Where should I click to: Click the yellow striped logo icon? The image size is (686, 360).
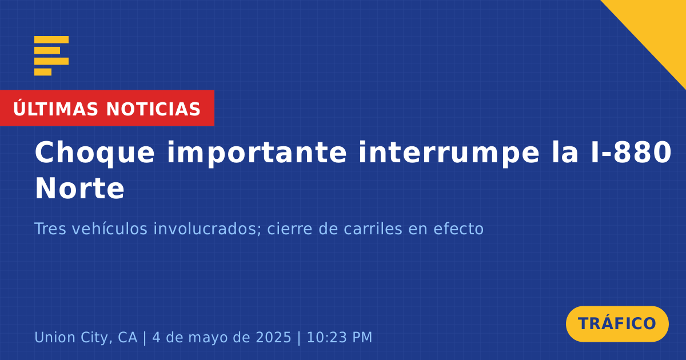click(51, 56)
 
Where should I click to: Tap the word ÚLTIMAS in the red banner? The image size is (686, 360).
click(55, 109)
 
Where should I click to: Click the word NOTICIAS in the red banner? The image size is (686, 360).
click(153, 109)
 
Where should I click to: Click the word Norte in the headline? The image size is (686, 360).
click(80, 189)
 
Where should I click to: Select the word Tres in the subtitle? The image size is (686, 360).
click(50, 229)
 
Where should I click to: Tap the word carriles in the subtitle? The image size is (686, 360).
click(373, 229)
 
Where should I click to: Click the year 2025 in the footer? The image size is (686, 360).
click(273, 337)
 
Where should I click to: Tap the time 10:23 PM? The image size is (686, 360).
click(340, 337)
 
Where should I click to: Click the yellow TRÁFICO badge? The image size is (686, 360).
click(617, 324)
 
